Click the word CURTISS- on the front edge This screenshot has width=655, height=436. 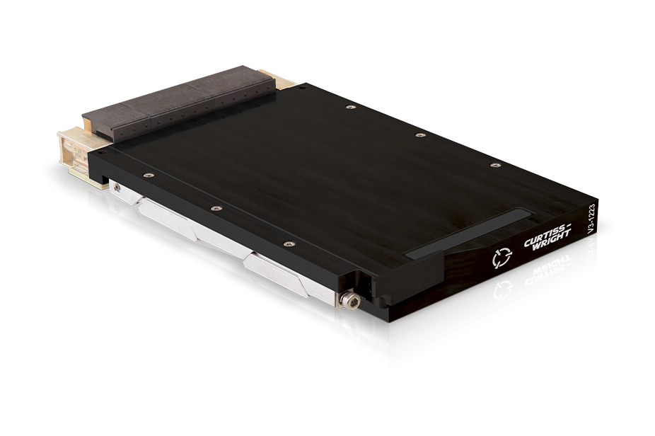(547, 236)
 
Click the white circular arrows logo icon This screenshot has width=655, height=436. (502, 258)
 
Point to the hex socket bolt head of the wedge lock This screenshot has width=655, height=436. (349, 301)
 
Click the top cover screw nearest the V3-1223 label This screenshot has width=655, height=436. (495, 166)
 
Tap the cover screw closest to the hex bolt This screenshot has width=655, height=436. (288, 243)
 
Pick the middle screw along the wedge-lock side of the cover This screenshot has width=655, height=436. (216, 208)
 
